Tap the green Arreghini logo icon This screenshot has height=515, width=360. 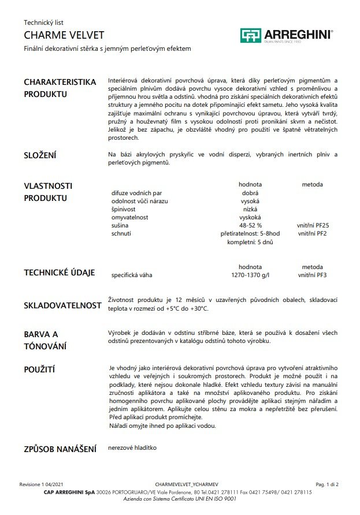[x=251, y=35]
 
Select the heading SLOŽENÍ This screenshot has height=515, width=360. [x=40, y=156]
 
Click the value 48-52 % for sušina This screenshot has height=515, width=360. [x=250, y=225]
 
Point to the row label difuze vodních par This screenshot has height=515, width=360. [x=136, y=193]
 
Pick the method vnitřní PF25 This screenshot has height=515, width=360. [x=313, y=225]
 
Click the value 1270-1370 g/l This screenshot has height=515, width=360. [x=250, y=275]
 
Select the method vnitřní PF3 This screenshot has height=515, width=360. [x=313, y=275]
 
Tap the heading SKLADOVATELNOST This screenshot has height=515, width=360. [x=62, y=305]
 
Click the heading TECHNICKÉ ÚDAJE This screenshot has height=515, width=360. [x=59, y=273]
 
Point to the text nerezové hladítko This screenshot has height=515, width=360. [x=132, y=447]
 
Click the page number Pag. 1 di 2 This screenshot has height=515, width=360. [x=327, y=484]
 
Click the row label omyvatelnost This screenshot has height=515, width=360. [x=130, y=217]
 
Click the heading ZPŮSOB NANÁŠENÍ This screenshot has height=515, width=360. [x=60, y=449]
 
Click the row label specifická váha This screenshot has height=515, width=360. [x=132, y=275]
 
